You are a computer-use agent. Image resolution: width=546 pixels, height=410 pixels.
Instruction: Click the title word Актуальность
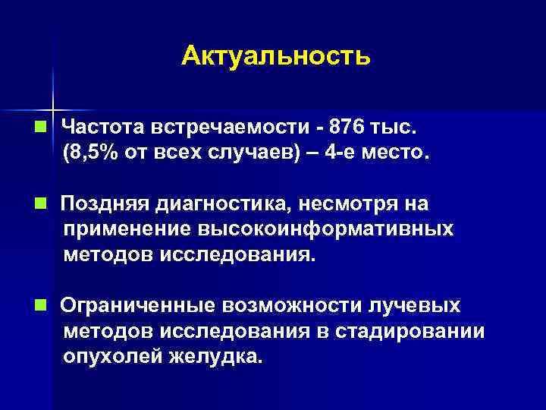tap(276, 56)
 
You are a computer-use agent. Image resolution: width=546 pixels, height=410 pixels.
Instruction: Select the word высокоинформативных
tap(326, 229)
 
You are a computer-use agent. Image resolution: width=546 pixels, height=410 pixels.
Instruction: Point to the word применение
tap(127, 229)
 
